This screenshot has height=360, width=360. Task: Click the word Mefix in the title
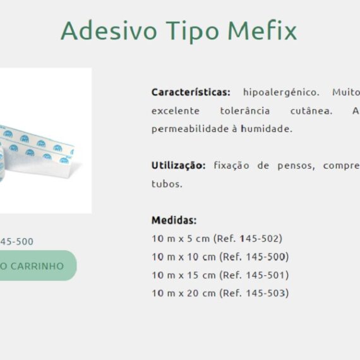coord(262,31)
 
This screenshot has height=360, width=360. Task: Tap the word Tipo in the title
coord(193,32)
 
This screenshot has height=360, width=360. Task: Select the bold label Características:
coord(191,92)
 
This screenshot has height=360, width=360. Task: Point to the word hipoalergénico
coord(281,92)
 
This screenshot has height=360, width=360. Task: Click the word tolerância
coord(245,111)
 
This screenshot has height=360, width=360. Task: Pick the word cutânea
coord(311,111)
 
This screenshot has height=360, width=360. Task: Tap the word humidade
coord(267,129)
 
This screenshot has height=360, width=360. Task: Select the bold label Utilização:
coord(178,165)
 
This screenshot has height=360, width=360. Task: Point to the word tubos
coord(167,184)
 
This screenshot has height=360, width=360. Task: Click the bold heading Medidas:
coord(174,220)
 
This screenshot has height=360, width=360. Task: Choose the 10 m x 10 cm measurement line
coord(220,257)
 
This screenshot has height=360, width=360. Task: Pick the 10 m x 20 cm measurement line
coord(220,293)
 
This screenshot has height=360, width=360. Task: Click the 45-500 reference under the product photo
coord(17,241)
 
